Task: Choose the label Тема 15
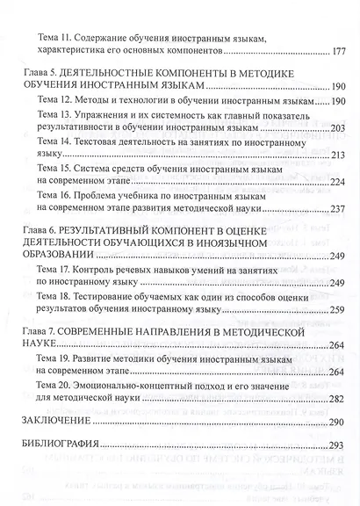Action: (x=54, y=168)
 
